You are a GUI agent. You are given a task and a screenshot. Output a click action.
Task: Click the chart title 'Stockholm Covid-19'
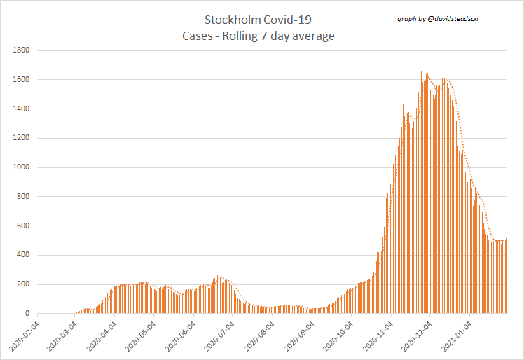[257, 20]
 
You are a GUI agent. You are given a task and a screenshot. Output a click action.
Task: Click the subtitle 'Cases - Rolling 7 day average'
[257, 36]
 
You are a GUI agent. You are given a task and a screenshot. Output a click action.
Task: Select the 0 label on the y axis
[27, 314]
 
